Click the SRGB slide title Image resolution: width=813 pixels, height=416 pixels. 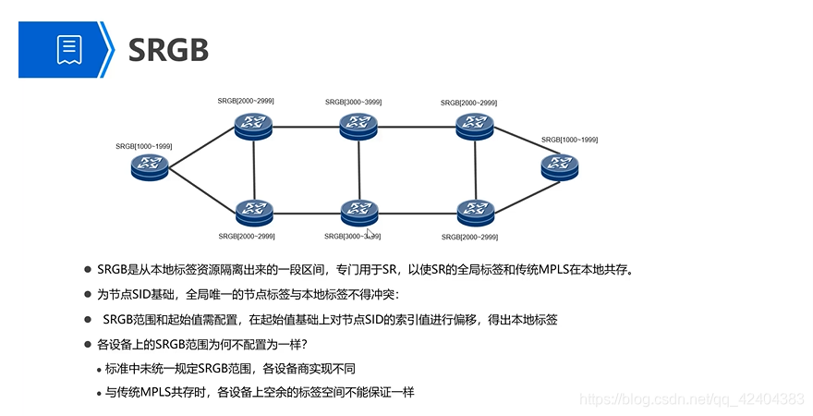click(168, 49)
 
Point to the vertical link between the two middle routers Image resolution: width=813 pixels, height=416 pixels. click(359, 169)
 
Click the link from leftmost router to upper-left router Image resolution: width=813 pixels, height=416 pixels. click(200, 146)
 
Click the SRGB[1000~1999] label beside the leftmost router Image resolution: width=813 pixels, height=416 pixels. click(144, 146)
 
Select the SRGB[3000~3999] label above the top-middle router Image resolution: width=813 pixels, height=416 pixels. click(353, 102)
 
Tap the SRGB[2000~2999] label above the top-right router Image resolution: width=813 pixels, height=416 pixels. click(469, 103)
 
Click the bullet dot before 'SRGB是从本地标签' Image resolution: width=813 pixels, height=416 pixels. click(87, 270)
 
